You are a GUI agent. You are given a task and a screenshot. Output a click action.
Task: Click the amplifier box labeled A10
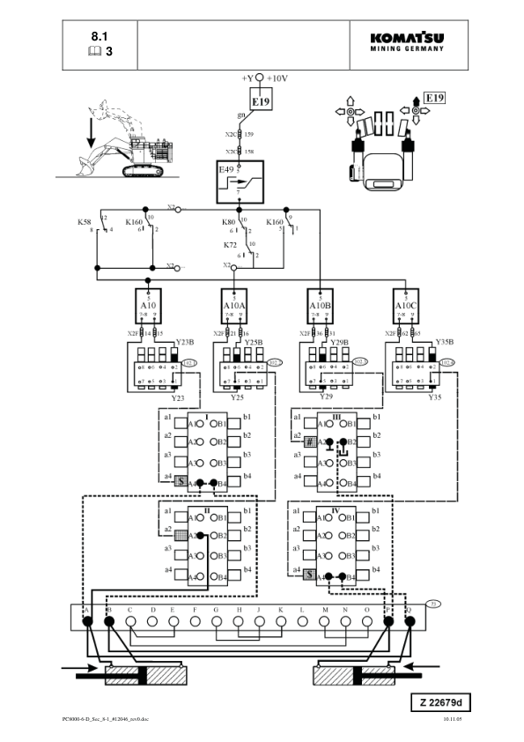tap(148, 308)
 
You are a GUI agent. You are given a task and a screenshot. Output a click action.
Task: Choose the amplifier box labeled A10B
tap(320, 308)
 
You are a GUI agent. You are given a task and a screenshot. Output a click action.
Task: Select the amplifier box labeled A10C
tap(405, 308)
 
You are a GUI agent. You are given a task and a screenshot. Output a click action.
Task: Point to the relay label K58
tap(85, 222)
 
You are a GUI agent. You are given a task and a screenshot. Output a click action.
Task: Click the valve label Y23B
tap(184, 341)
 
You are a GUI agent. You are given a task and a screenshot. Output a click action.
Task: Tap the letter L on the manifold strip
tap(302, 610)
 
